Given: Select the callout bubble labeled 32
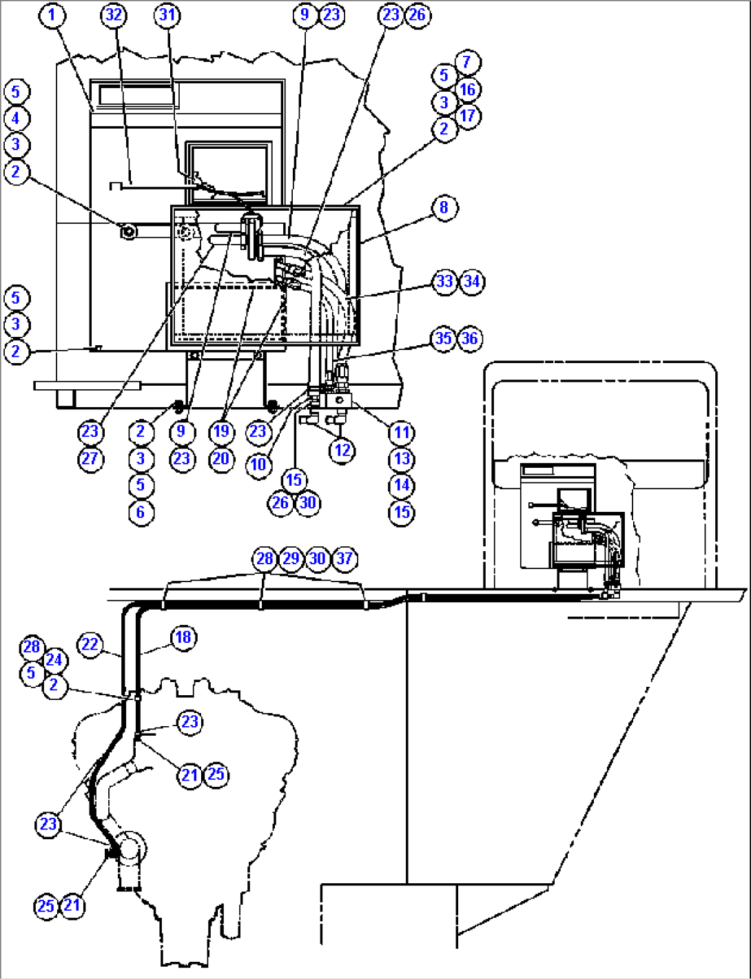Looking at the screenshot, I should [x=114, y=15].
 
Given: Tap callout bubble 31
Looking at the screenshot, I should [x=167, y=15].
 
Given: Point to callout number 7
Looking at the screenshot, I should [x=466, y=62].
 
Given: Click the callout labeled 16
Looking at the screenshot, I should [x=467, y=89].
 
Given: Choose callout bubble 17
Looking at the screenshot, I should [x=467, y=115].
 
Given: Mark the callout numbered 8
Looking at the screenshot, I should [x=444, y=207].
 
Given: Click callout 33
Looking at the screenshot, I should [x=444, y=281].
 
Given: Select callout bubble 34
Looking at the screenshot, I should [x=471, y=281].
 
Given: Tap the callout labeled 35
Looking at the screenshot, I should [x=444, y=338].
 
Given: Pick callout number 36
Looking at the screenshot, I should [x=470, y=338].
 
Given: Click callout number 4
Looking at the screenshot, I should [x=16, y=118].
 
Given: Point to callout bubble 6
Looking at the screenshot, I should [x=141, y=512].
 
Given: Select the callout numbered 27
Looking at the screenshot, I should [x=90, y=459].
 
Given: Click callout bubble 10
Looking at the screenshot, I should [x=258, y=464].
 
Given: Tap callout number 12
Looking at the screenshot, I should [x=342, y=451].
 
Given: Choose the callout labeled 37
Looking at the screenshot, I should [x=344, y=558].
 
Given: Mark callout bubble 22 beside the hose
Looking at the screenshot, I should [x=90, y=645].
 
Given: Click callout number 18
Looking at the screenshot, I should [x=183, y=637].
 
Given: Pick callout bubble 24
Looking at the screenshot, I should [x=54, y=660].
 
